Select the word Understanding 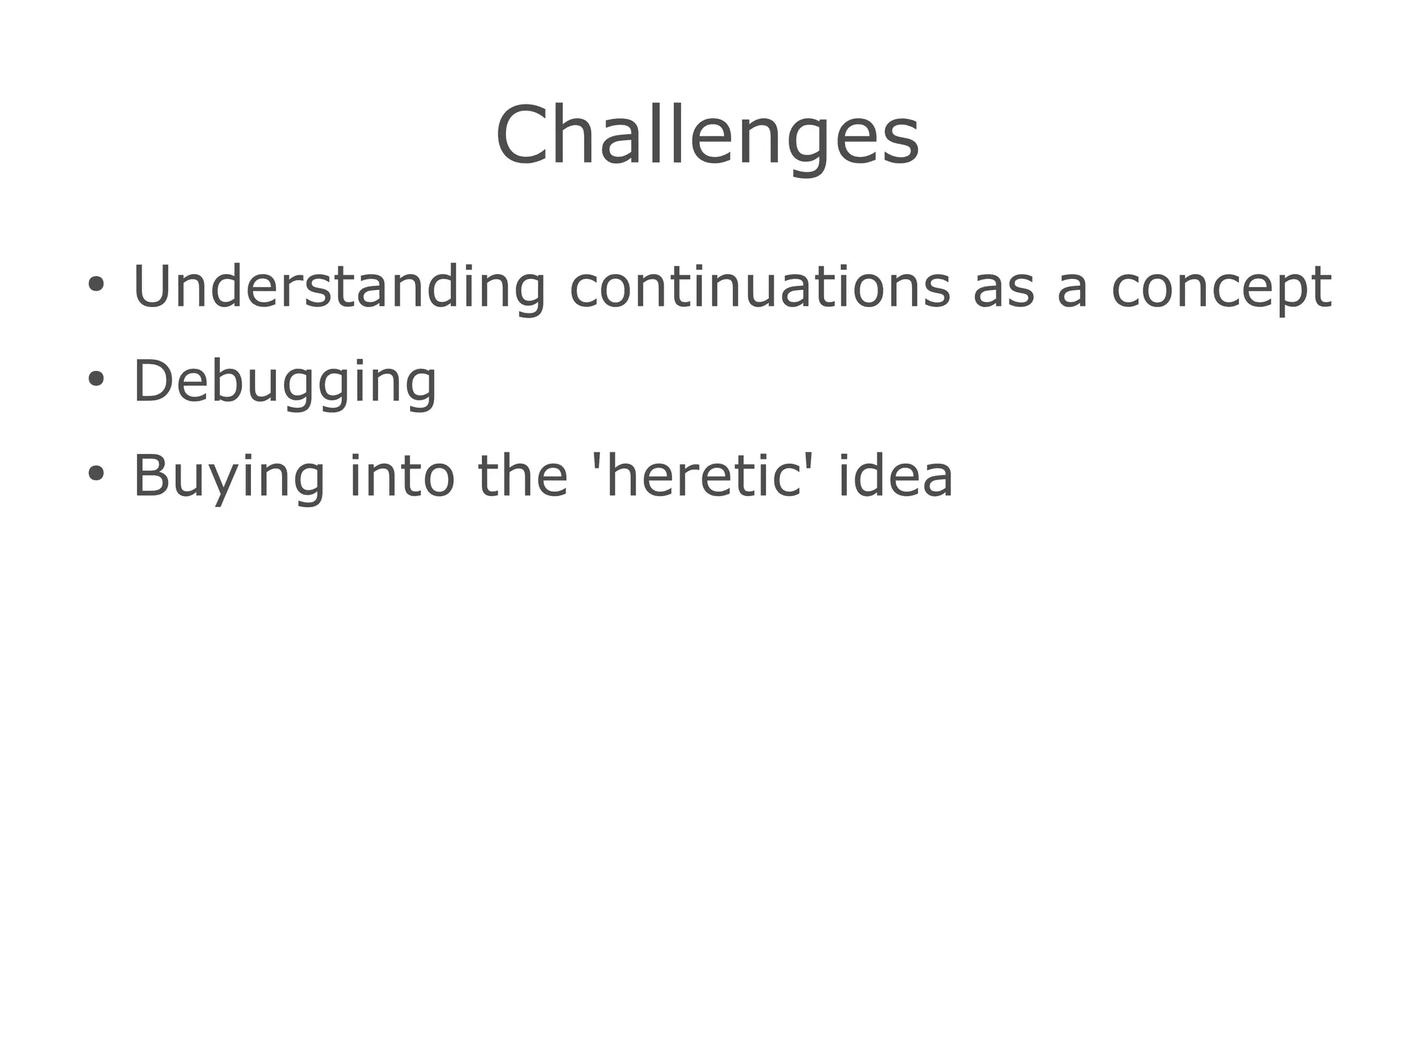(339, 286)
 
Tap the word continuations (760, 286)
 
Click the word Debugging (284, 382)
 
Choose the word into (402, 476)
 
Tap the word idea (896, 476)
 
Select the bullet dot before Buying (96, 474)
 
